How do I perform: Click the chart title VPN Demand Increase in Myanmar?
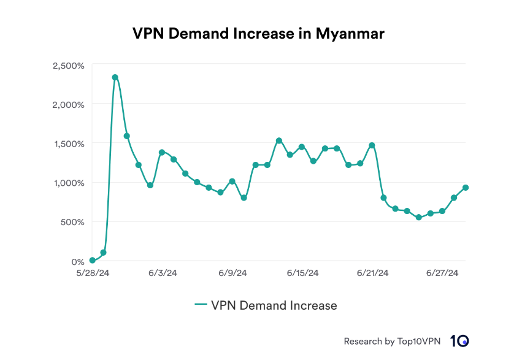pyautogui.click(x=258, y=34)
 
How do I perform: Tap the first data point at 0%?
pyautogui.click(x=92, y=261)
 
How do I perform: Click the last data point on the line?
pyautogui.click(x=466, y=188)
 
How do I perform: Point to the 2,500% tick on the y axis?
pyautogui.click(x=69, y=65)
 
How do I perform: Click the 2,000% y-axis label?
pyautogui.click(x=69, y=104)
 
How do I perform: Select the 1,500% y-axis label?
pyautogui.click(x=69, y=144)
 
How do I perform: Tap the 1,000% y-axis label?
pyautogui.click(x=69, y=183)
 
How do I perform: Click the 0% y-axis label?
pyautogui.click(x=77, y=261)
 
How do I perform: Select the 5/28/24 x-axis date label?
pyautogui.click(x=92, y=274)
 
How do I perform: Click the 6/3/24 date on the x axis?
pyautogui.click(x=163, y=274)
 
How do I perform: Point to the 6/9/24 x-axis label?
pyautogui.click(x=232, y=274)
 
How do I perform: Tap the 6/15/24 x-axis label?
pyautogui.click(x=303, y=274)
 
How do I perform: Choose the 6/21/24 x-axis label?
pyautogui.click(x=373, y=274)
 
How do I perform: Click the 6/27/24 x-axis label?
pyautogui.click(x=443, y=274)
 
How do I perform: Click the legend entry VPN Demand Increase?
pyautogui.click(x=266, y=305)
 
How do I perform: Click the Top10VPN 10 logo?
pyautogui.click(x=459, y=341)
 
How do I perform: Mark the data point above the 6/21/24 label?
pyautogui.click(x=372, y=145)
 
